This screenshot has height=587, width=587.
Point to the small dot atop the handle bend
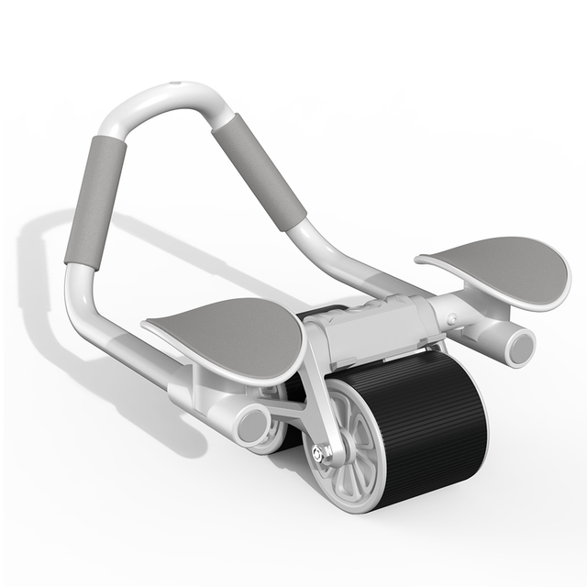pyautogui.click(x=176, y=89)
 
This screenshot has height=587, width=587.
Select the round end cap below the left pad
pyautogui.click(x=252, y=425)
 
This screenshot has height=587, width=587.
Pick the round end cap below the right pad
pyautogui.click(x=520, y=346)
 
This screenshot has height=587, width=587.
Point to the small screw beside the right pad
pyautogui.click(x=451, y=319)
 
